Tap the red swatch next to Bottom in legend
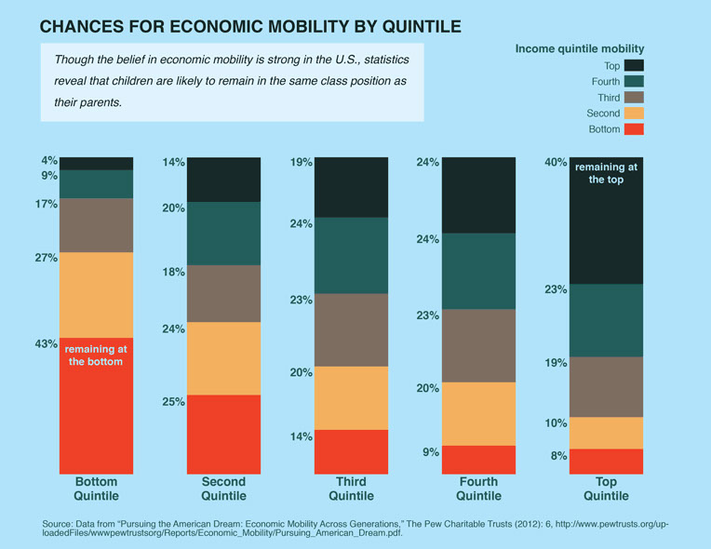(x=634, y=129)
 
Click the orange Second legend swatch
(x=634, y=114)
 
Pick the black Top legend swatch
(x=634, y=65)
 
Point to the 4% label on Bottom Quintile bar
(x=48, y=159)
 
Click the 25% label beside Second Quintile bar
(x=175, y=402)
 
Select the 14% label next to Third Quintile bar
(x=302, y=435)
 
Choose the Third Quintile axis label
(x=351, y=489)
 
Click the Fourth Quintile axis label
(x=478, y=489)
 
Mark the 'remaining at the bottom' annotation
(x=96, y=355)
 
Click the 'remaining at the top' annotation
(x=607, y=174)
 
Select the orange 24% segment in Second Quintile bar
(x=223, y=358)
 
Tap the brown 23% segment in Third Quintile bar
(x=351, y=329)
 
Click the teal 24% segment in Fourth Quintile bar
(x=478, y=271)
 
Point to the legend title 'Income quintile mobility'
(x=580, y=47)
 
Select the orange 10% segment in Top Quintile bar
(x=607, y=433)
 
